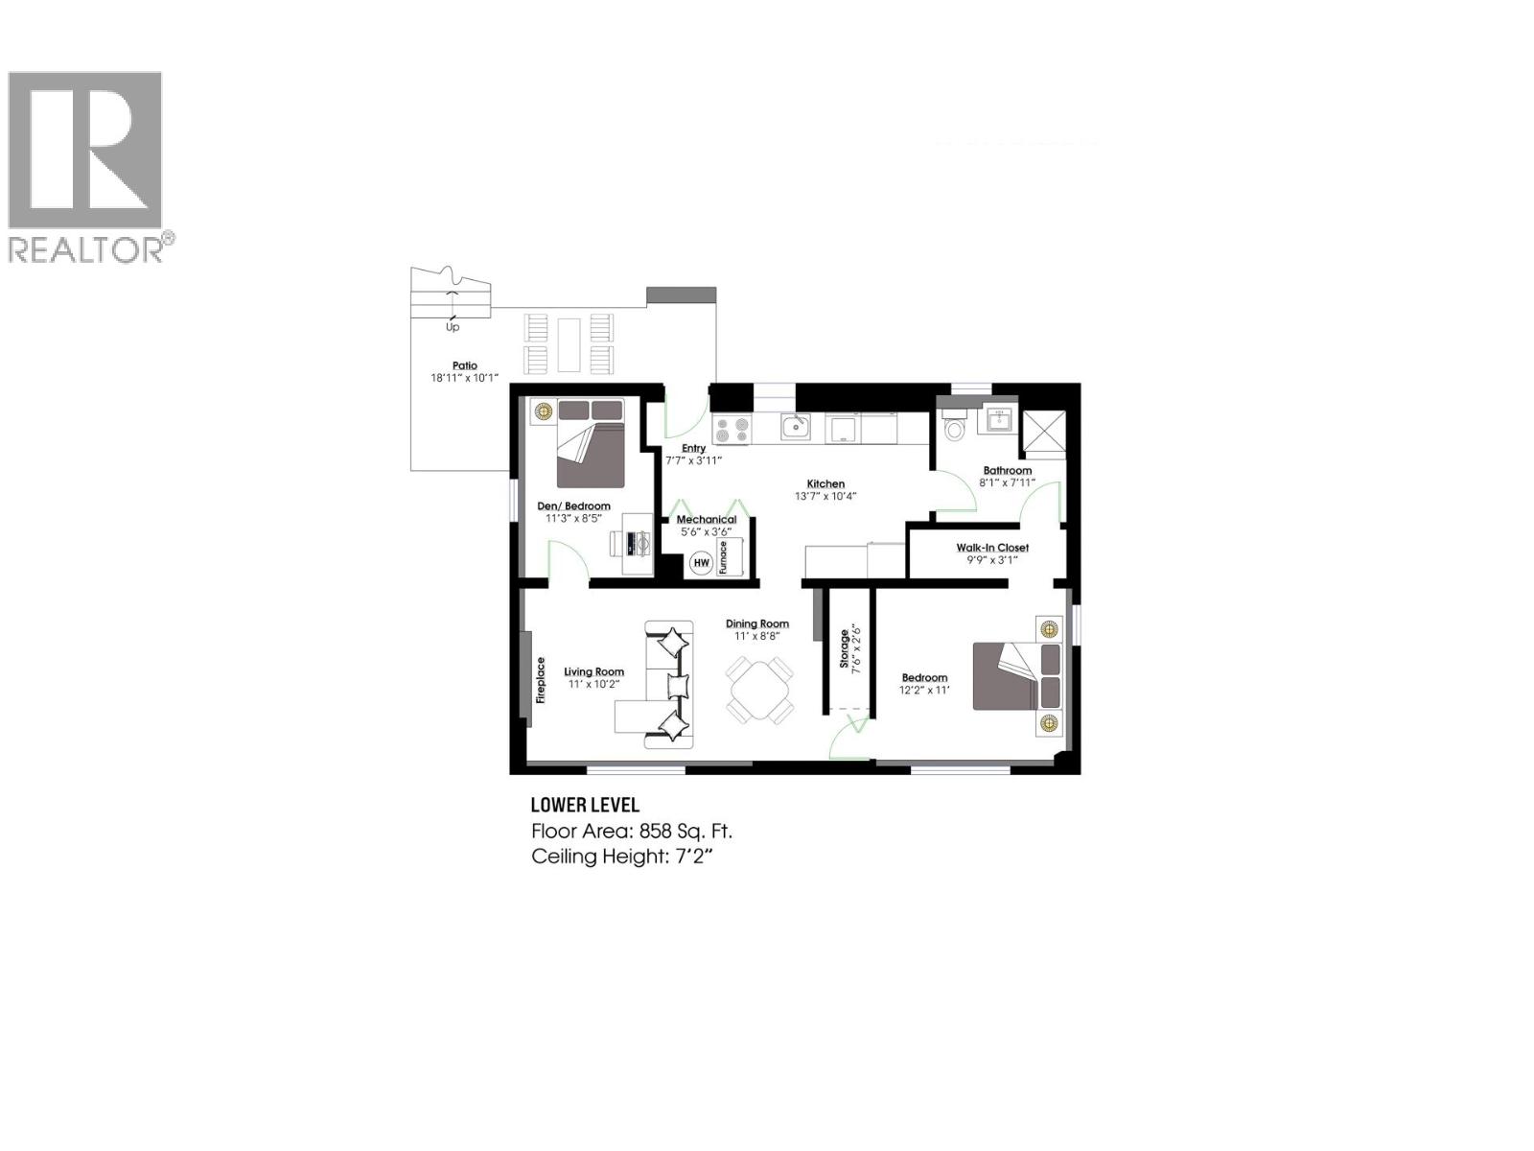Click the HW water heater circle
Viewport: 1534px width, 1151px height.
tap(701, 562)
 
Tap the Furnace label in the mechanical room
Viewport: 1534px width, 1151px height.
tap(724, 557)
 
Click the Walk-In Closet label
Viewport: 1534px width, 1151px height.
tap(992, 548)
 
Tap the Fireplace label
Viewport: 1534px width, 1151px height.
tap(541, 680)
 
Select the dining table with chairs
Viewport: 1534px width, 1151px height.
tap(759, 690)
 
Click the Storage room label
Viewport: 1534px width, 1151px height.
tap(845, 648)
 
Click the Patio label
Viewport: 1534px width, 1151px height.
tap(465, 365)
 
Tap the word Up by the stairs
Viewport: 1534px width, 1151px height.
tap(453, 327)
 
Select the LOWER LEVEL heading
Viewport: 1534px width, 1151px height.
tap(585, 806)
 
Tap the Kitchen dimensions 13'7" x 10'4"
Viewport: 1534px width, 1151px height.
tap(825, 497)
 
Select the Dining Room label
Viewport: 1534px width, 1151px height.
tap(757, 623)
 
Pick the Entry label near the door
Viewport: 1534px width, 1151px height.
tap(693, 448)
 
